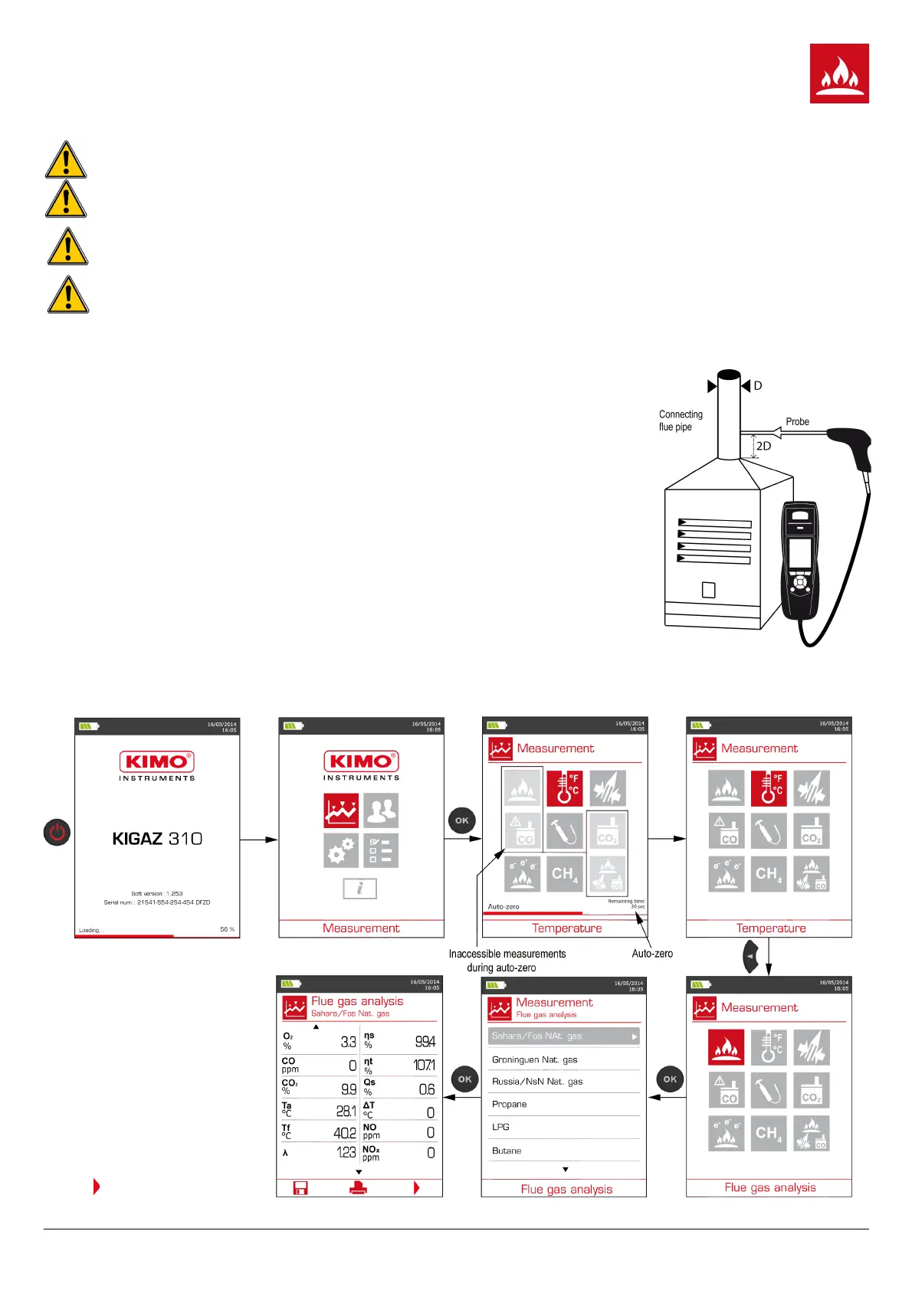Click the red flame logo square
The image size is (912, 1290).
point(839,74)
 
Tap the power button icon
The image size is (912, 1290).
point(57,832)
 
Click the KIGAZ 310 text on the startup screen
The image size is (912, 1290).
point(157,839)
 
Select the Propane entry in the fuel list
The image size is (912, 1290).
point(510,1104)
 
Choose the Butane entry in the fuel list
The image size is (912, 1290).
point(507,1151)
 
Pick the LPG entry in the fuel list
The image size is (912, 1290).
point(500,1127)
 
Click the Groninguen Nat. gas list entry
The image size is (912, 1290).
point(535,1059)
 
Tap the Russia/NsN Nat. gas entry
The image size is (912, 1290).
point(537,1082)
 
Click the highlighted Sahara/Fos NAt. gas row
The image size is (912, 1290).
point(563,1036)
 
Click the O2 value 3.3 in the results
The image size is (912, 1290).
point(348,1042)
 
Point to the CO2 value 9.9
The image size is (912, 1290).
point(348,1089)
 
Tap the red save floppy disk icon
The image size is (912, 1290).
point(300,1188)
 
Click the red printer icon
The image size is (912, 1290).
point(358,1188)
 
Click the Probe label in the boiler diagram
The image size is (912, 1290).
point(797,421)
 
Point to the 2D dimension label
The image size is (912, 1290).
point(763,446)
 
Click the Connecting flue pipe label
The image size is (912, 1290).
point(680,421)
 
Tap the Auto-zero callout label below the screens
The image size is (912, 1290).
point(652,954)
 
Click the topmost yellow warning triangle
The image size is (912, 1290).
point(66,160)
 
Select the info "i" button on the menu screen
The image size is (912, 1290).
point(359,889)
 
